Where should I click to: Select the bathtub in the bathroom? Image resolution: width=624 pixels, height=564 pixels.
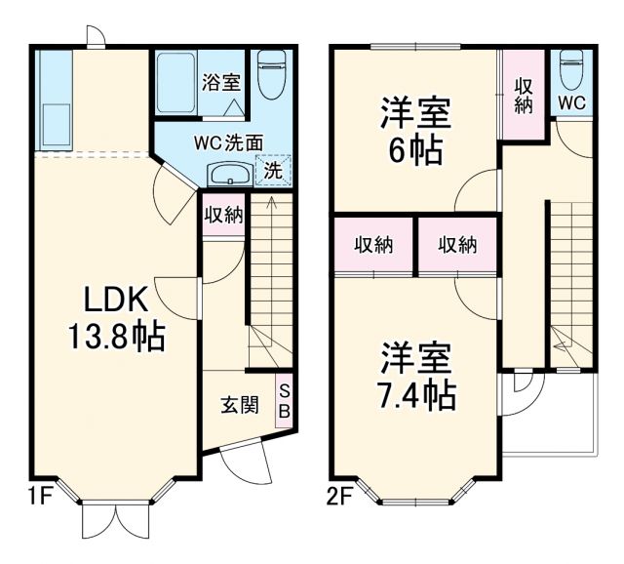[176, 86]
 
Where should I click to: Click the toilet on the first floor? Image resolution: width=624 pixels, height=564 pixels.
[269, 75]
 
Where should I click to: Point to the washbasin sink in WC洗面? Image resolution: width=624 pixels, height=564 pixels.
[229, 175]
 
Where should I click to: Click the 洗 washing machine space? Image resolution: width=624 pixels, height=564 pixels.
[273, 170]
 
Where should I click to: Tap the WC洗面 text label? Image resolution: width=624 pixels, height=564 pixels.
[226, 141]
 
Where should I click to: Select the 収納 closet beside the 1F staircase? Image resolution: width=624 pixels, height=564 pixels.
[223, 215]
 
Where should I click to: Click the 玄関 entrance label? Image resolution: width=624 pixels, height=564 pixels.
[237, 403]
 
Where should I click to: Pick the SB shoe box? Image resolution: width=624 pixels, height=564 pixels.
[284, 400]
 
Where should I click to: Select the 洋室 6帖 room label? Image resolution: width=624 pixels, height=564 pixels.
[415, 132]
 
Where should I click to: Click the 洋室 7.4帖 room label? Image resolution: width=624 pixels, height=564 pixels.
[415, 376]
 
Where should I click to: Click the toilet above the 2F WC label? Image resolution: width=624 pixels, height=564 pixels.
[571, 70]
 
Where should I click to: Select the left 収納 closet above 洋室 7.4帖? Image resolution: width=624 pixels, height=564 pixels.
[373, 244]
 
